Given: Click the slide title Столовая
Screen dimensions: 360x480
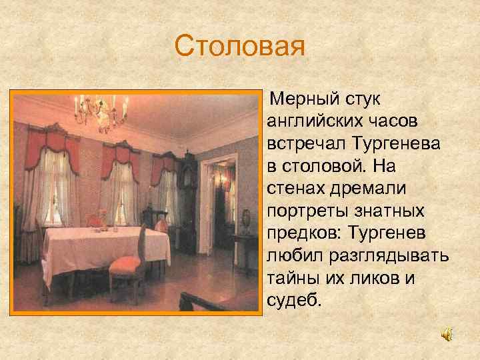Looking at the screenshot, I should point(239,47).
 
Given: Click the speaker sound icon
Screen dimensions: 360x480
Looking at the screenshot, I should point(447,335).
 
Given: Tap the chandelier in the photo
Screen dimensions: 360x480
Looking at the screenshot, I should point(100,110).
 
